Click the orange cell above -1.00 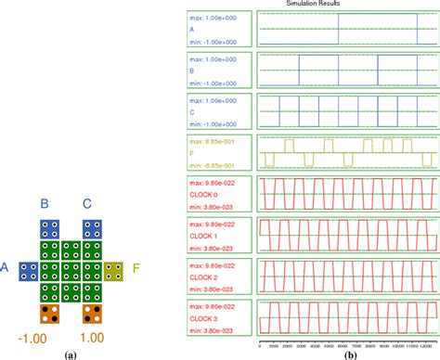(51, 314)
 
